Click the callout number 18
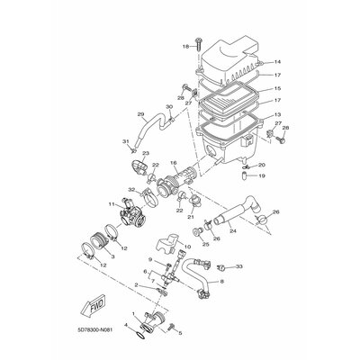[x=185, y=45]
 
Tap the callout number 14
[x=278, y=62]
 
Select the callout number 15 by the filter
[x=278, y=88]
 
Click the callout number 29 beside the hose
[x=140, y=114]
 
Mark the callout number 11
[x=112, y=204]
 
